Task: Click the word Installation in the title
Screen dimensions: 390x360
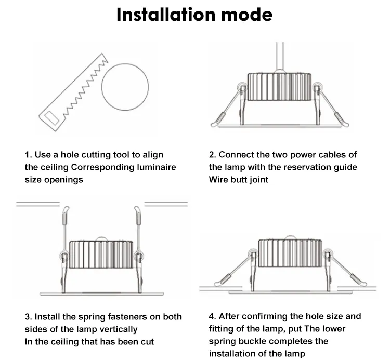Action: tap(166, 15)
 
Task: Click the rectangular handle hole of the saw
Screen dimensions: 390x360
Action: tap(51, 118)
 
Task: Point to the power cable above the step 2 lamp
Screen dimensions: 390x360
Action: tap(280, 57)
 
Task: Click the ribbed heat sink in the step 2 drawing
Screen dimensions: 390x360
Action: tap(279, 87)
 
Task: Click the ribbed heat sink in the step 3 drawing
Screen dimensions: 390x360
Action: tap(101, 255)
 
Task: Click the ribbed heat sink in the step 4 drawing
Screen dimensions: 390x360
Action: tap(290, 253)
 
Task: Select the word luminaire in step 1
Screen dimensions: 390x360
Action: tap(157, 167)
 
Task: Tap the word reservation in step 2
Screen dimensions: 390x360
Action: tap(307, 167)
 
